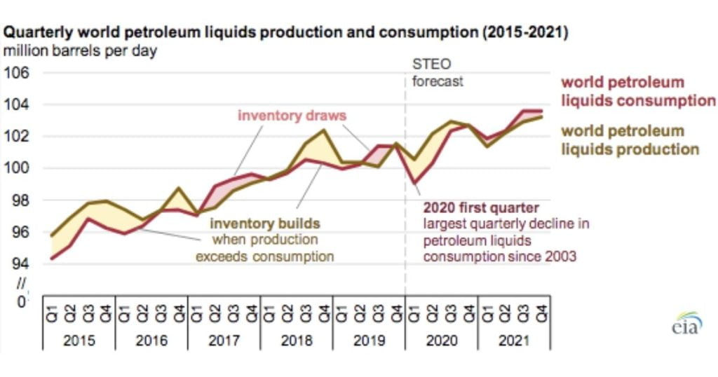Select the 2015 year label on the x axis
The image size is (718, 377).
tap(79, 341)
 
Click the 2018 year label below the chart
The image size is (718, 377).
tap(296, 341)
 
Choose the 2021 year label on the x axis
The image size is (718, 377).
tap(513, 341)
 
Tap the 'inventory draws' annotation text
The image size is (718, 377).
tap(292, 114)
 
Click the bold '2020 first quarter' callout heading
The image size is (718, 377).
tap(480, 207)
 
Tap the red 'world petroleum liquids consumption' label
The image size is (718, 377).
tap(637, 91)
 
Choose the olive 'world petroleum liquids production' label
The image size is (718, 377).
tap(630, 140)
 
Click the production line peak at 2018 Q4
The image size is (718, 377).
tap(324, 130)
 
